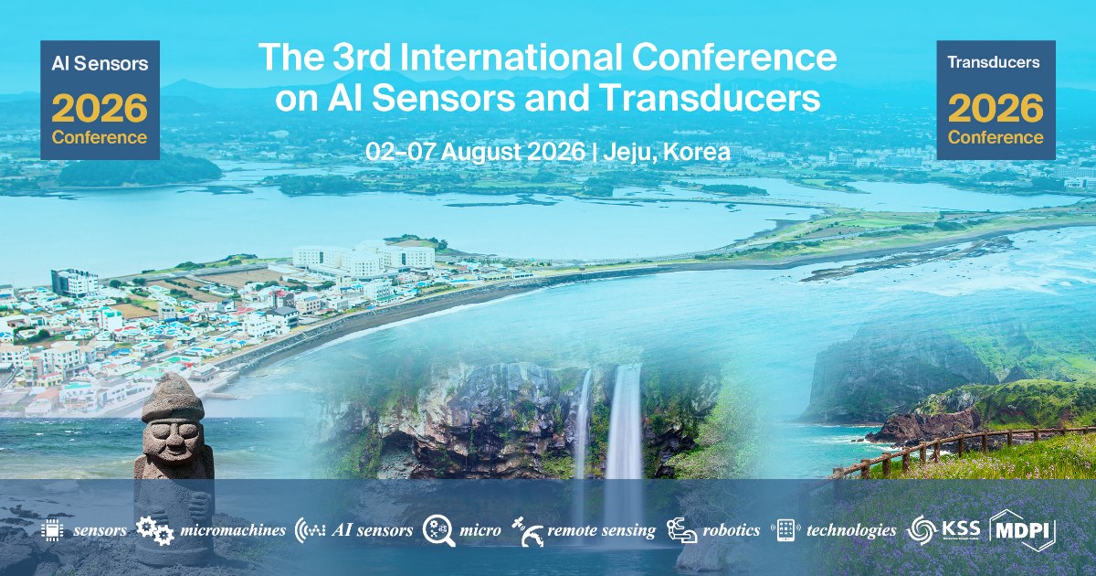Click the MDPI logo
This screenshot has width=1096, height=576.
pos(1022,530)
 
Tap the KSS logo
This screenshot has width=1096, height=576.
pos(943,529)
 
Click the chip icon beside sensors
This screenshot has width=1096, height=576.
pos(52,529)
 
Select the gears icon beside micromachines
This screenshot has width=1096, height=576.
pos(154,530)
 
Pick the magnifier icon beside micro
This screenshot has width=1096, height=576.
pos(438,530)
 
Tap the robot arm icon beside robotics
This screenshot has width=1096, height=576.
pos(681,530)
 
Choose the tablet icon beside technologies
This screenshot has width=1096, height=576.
pos(785,530)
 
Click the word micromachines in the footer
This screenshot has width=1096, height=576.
pos(233,530)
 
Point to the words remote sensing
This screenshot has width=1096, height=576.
pos(601,531)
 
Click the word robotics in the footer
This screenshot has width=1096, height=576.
pos(732,530)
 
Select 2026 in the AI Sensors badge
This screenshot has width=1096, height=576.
pos(100,108)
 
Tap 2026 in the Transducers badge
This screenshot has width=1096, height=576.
pos(996,108)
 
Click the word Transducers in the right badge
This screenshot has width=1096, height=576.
pos(994,62)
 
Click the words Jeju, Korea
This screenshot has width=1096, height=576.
pos(667,152)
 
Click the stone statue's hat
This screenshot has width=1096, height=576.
pos(172,398)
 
